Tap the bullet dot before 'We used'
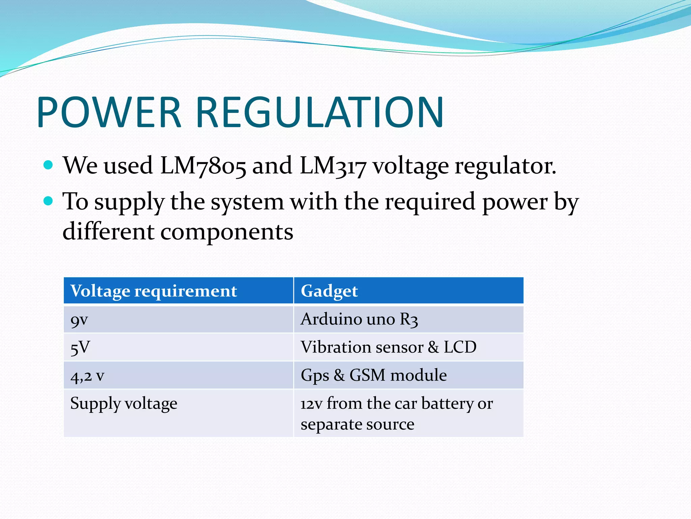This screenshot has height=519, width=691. [x=49, y=165]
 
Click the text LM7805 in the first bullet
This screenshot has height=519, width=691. [x=203, y=166]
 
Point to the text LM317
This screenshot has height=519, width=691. [x=333, y=166]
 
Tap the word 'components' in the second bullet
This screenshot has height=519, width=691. [x=227, y=232]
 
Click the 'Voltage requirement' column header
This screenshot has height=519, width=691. [x=154, y=291]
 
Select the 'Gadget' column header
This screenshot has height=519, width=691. [x=329, y=291]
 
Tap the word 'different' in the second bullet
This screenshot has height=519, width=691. [x=109, y=232]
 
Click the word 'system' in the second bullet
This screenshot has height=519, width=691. [x=247, y=202]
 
